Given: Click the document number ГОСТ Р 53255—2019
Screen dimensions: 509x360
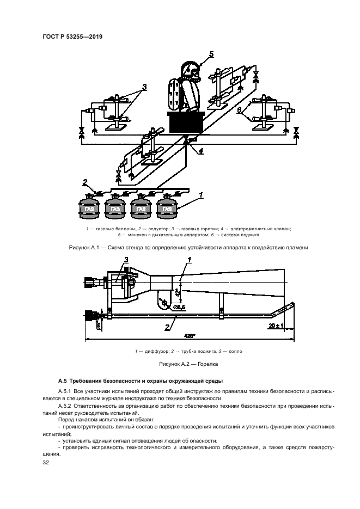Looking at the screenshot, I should coord(72,36).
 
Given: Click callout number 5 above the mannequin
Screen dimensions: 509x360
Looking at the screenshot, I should coord(211,53).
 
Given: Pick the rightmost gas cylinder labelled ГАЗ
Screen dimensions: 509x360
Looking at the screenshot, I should coord(168,208).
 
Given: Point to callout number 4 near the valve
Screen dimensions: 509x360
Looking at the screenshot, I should coord(201,152).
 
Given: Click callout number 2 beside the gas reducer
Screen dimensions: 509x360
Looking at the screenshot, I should coord(84,182).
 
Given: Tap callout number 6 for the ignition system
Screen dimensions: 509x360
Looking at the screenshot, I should coord(239,109).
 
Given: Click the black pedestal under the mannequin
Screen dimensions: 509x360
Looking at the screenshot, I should coord(186,122).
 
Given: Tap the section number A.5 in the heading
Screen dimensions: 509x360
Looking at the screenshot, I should coord(62,380).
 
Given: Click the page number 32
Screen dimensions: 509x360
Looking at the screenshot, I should coord(46,463).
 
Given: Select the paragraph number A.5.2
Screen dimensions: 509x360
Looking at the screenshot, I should coord(66,406).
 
